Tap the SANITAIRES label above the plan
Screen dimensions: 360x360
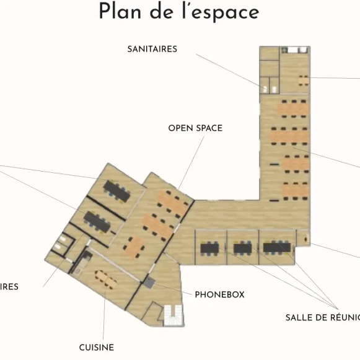point(152,49)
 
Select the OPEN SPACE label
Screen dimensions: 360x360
point(195,128)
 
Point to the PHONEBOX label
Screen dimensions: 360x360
point(219,294)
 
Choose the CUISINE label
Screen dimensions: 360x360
point(96,348)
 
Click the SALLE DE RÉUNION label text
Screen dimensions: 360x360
point(322,318)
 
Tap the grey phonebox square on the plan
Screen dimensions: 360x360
point(149,283)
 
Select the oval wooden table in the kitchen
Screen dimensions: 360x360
point(105,279)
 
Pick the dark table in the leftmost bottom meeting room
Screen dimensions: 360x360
point(209,248)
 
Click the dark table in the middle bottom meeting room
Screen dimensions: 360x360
point(242,248)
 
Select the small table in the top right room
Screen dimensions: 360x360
point(303,79)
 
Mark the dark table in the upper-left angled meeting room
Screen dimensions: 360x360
point(117,191)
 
